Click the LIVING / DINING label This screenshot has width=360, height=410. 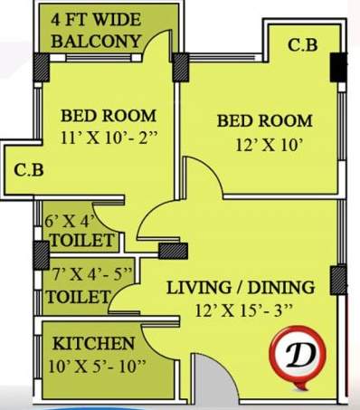[x=240, y=288]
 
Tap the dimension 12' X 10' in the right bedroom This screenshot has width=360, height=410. [x=264, y=143]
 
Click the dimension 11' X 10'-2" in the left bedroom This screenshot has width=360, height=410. [x=108, y=138]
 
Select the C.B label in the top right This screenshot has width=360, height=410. [x=301, y=45]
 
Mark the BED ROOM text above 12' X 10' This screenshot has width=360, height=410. [x=264, y=120]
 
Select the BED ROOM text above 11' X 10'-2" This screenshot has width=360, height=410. [x=108, y=116]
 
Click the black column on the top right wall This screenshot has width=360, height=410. [x=337, y=66]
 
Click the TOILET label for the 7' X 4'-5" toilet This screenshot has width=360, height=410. [x=79, y=296]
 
